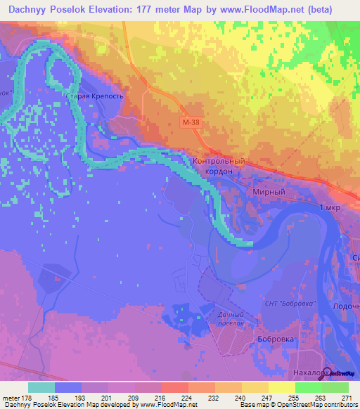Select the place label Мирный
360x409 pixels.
pos(269,191)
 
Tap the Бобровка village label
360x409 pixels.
pos(255,339)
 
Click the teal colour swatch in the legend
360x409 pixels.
pos(41,387)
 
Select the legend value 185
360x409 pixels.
pos(54,398)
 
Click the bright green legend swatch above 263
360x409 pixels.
pos(308,387)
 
